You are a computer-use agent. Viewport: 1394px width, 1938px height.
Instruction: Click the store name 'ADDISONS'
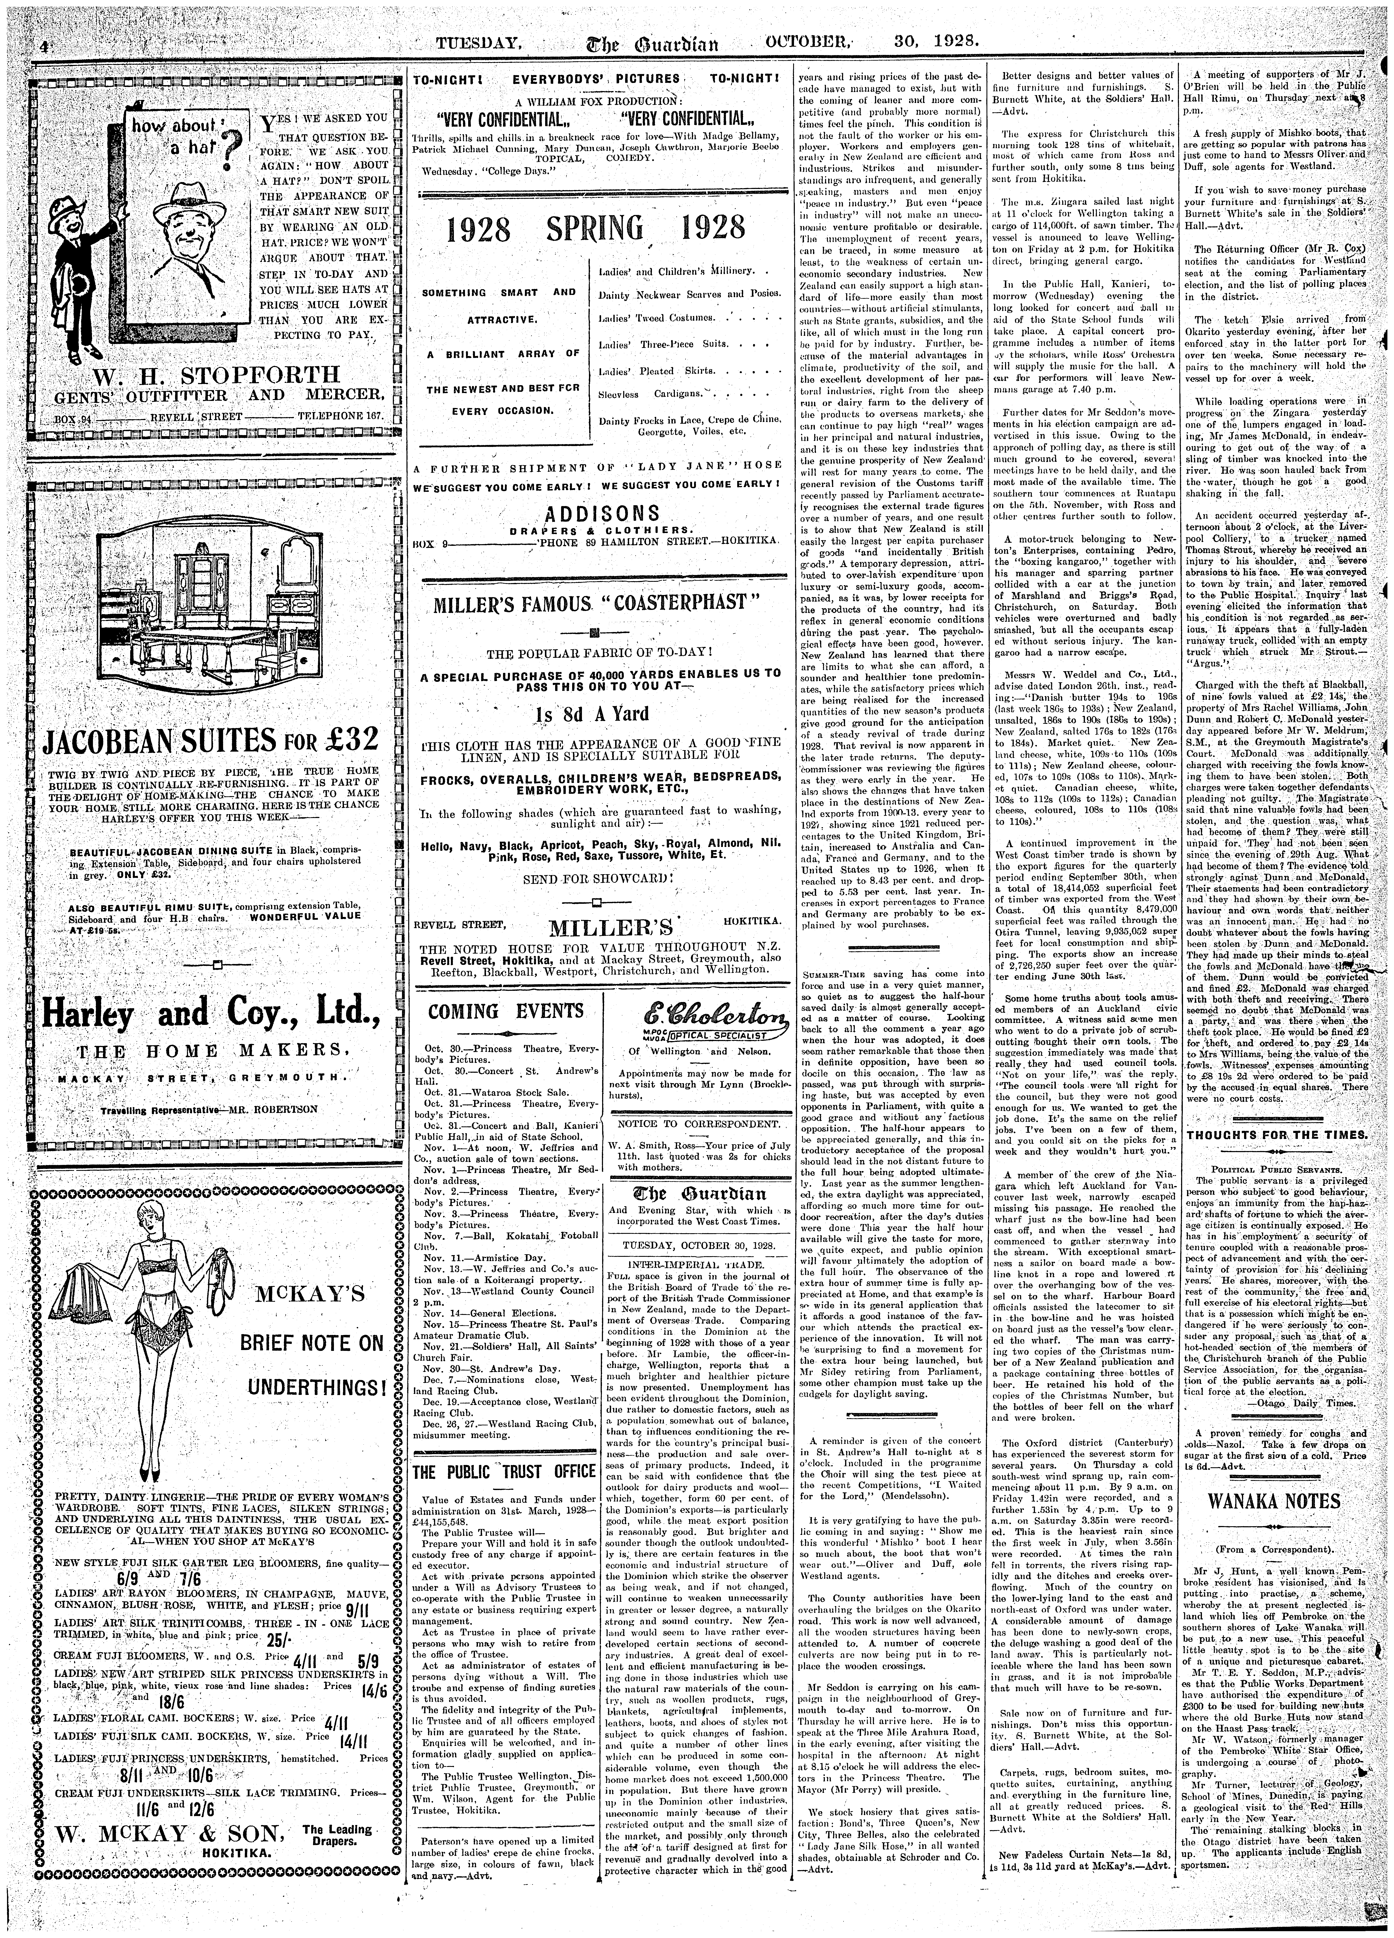[x=596, y=513]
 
